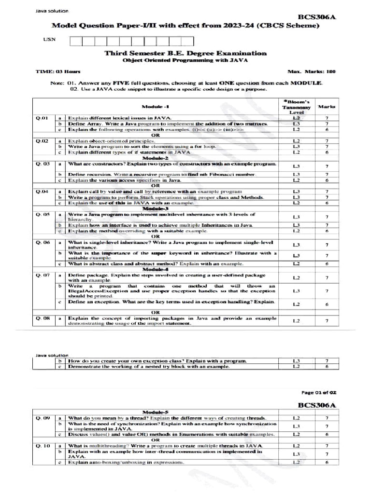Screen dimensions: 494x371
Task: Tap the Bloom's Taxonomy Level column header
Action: click(x=296, y=107)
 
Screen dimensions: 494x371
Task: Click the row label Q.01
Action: click(x=42, y=118)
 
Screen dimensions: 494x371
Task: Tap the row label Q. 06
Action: click(x=43, y=242)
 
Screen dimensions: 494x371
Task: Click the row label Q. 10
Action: click(x=43, y=446)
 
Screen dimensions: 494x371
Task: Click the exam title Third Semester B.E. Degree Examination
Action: click(x=185, y=53)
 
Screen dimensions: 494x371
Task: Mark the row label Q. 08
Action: click(x=43, y=318)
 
